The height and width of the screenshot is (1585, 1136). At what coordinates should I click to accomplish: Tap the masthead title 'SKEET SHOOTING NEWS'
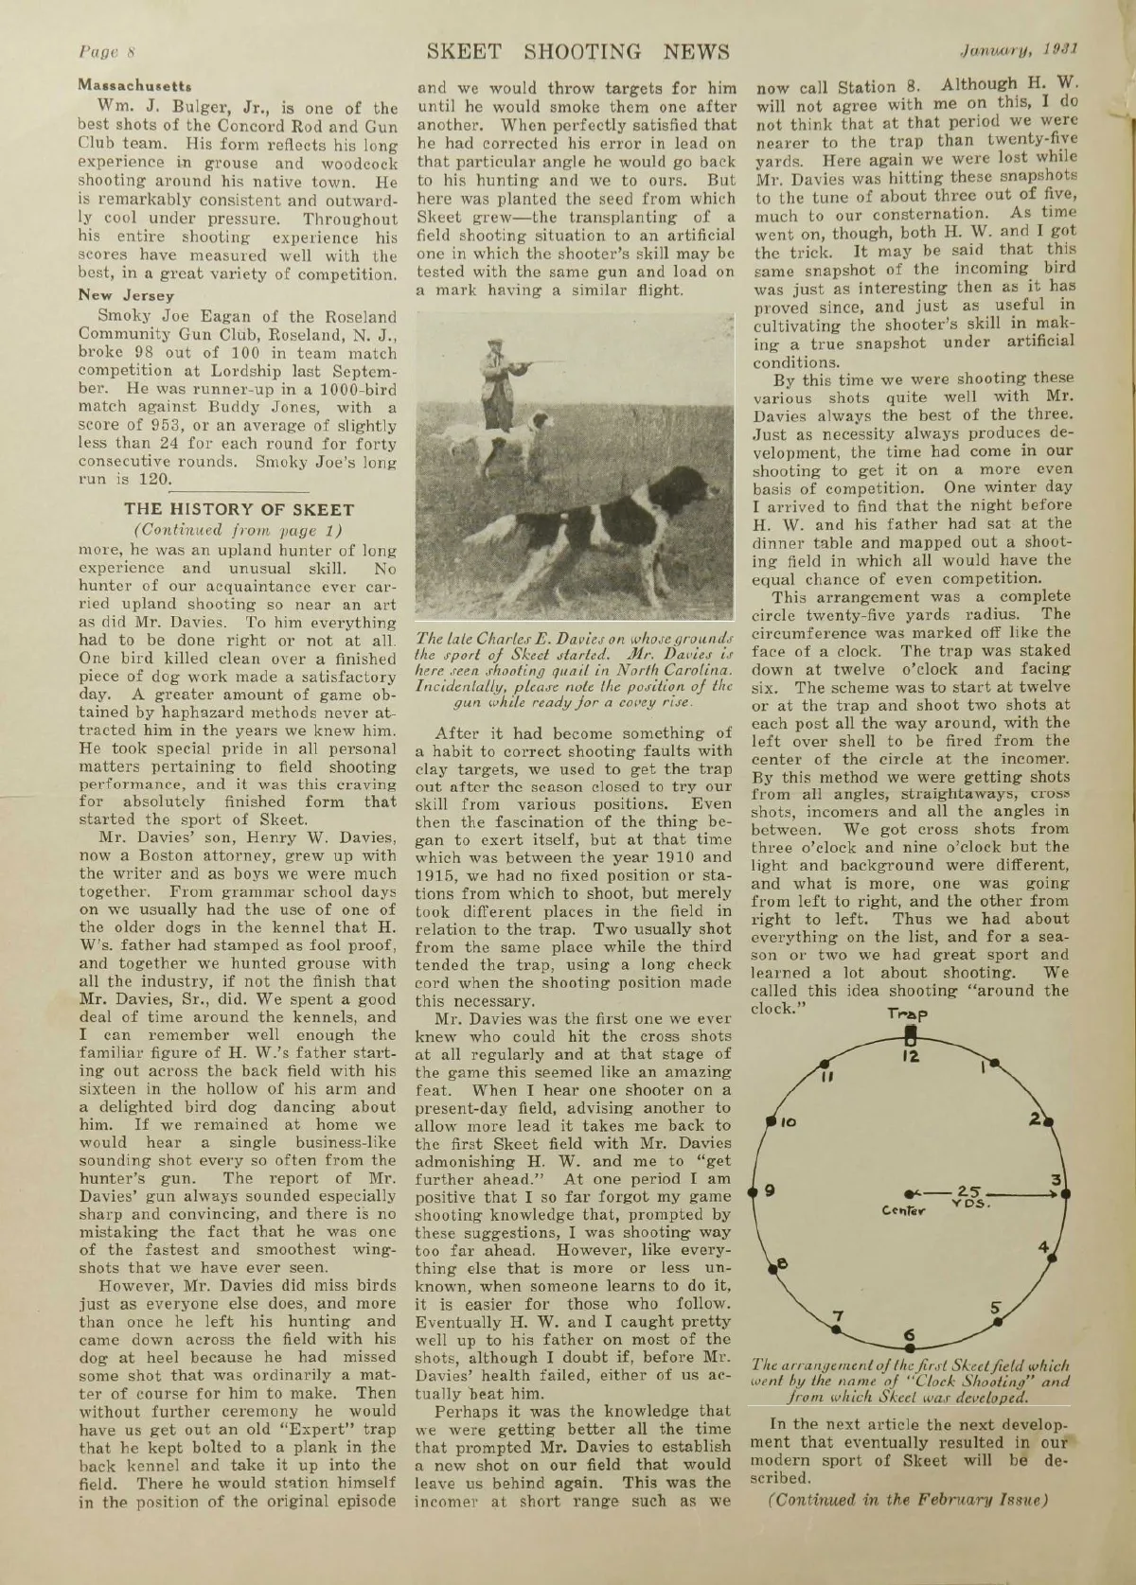pyautogui.click(x=577, y=51)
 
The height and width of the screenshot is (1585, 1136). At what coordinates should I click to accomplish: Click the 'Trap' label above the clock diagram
pyautogui.click(x=906, y=1014)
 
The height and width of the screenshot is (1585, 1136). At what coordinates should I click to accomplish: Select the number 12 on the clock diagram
pyautogui.click(x=909, y=1055)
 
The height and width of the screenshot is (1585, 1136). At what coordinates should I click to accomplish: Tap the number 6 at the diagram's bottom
pyautogui.click(x=910, y=1335)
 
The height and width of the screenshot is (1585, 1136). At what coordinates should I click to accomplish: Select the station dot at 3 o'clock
pyautogui.click(x=1066, y=1194)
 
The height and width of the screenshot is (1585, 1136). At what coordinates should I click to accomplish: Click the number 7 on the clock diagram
pyautogui.click(x=836, y=1315)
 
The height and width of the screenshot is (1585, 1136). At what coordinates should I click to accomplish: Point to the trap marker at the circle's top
pyautogui.click(x=908, y=1033)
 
